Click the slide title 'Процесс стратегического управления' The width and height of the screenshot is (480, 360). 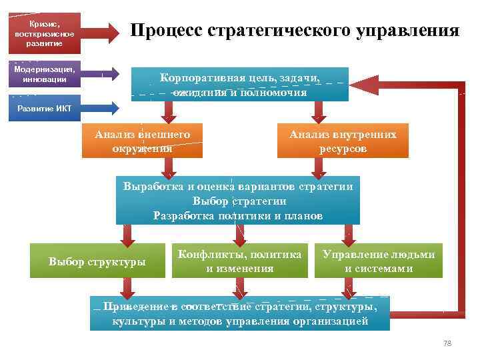click(x=295, y=31)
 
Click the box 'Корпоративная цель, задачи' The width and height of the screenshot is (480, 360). click(x=240, y=85)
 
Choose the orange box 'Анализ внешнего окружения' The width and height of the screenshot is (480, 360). click(x=143, y=141)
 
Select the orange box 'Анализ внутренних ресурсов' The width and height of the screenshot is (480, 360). click(x=343, y=141)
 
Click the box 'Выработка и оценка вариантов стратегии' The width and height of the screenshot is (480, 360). click(x=238, y=201)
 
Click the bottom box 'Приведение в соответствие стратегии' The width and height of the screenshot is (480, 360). click(x=240, y=314)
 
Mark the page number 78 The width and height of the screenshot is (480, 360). click(x=447, y=343)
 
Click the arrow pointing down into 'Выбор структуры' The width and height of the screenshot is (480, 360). click(x=127, y=234)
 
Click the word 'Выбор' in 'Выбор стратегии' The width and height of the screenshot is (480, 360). click(x=209, y=201)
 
